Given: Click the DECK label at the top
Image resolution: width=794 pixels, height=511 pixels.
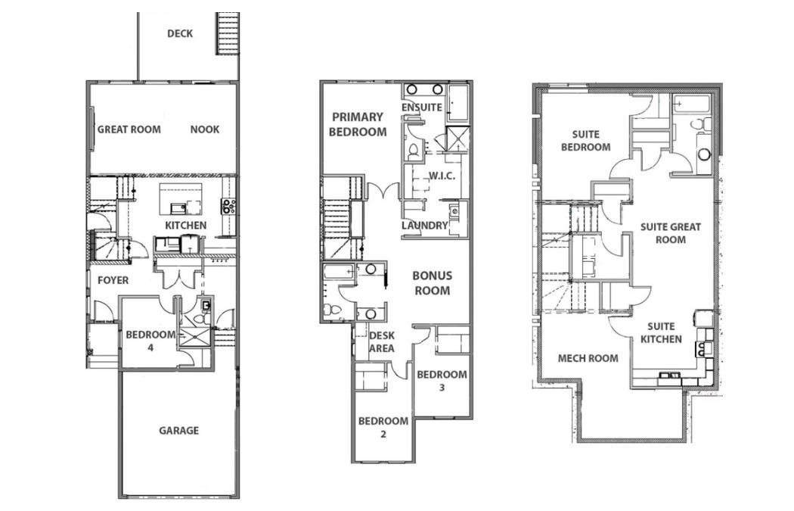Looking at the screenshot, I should (x=180, y=33).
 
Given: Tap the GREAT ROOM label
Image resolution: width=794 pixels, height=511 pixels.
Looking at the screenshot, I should (x=129, y=129).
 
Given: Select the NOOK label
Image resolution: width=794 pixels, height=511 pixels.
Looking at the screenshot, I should (x=205, y=129).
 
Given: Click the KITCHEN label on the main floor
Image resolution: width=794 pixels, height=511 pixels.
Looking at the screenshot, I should (x=185, y=226).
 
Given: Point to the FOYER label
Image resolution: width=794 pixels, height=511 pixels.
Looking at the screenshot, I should (x=113, y=280).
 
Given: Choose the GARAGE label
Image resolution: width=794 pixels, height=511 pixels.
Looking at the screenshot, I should (x=178, y=430).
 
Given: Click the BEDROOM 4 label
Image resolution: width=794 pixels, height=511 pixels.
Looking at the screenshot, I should (x=150, y=341).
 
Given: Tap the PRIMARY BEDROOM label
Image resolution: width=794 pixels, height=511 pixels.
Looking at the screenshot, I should (x=358, y=124).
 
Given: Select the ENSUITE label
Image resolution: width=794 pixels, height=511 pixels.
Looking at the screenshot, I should (x=421, y=107).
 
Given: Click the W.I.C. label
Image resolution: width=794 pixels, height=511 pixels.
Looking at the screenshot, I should (x=441, y=176).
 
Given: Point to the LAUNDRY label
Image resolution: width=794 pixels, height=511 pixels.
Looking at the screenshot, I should (x=424, y=226).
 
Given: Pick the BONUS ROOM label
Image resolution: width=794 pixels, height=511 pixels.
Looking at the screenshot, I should (x=432, y=283).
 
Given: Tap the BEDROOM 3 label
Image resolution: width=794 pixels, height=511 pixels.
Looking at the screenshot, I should (x=442, y=381).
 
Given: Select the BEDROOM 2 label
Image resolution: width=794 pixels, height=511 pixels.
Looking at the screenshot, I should (x=383, y=428).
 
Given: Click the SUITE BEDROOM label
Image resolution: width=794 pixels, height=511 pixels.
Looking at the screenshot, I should (x=585, y=140).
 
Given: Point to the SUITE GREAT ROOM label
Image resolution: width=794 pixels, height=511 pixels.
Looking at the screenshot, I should (x=671, y=233).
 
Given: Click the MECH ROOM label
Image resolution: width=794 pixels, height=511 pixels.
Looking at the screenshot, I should (x=588, y=358).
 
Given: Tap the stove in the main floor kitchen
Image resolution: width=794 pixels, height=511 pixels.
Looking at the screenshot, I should (x=228, y=204).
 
